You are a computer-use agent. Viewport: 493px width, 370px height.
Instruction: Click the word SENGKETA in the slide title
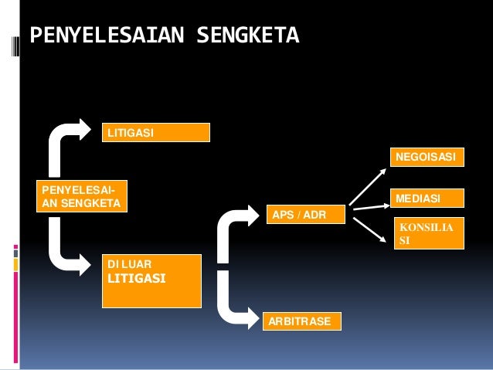point(247,36)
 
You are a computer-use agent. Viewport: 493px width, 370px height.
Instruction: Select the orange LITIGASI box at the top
point(155,133)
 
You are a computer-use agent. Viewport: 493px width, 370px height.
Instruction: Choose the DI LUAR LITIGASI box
point(151,280)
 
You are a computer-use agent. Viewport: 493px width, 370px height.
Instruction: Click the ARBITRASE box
point(302,321)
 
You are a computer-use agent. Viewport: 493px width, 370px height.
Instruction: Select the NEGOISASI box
point(426,158)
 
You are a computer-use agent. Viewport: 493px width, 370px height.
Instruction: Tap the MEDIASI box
point(426,199)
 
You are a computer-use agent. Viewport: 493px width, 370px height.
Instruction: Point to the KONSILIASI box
point(429,234)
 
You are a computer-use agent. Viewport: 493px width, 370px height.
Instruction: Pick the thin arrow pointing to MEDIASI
point(369,205)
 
